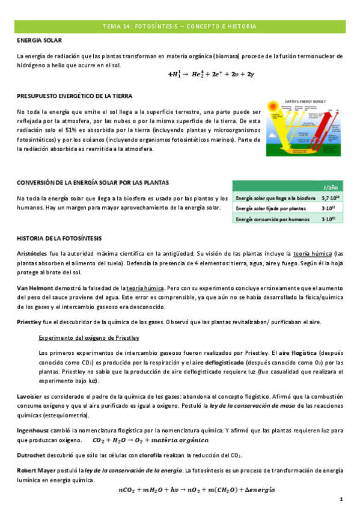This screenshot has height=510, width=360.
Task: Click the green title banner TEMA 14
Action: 180,26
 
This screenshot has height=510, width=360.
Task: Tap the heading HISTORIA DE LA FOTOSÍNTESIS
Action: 59,239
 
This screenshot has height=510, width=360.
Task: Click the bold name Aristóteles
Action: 32,254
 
